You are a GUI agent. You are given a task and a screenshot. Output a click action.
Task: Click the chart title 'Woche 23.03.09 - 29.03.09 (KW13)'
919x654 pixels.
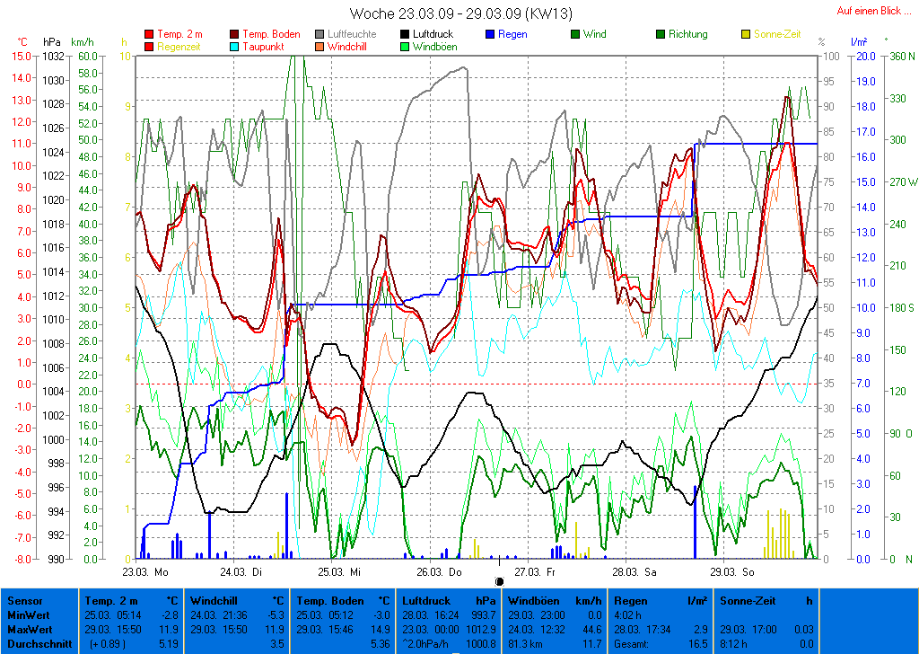tap(460, 13)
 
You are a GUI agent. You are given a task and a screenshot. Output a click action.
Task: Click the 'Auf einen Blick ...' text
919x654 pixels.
tap(874, 11)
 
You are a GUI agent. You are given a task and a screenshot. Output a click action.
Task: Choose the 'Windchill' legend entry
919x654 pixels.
tap(351, 46)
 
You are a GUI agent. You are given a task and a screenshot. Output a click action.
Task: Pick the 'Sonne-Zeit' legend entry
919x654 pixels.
tap(777, 34)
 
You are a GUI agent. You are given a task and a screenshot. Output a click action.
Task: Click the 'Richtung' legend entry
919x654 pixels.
tap(687, 34)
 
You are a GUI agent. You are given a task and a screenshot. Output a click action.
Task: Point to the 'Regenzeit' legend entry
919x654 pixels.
tap(179, 46)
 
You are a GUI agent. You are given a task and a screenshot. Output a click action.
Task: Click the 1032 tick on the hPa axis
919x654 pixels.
tap(53, 56)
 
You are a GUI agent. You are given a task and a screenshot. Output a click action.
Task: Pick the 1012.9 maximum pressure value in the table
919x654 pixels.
tap(481, 629)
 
